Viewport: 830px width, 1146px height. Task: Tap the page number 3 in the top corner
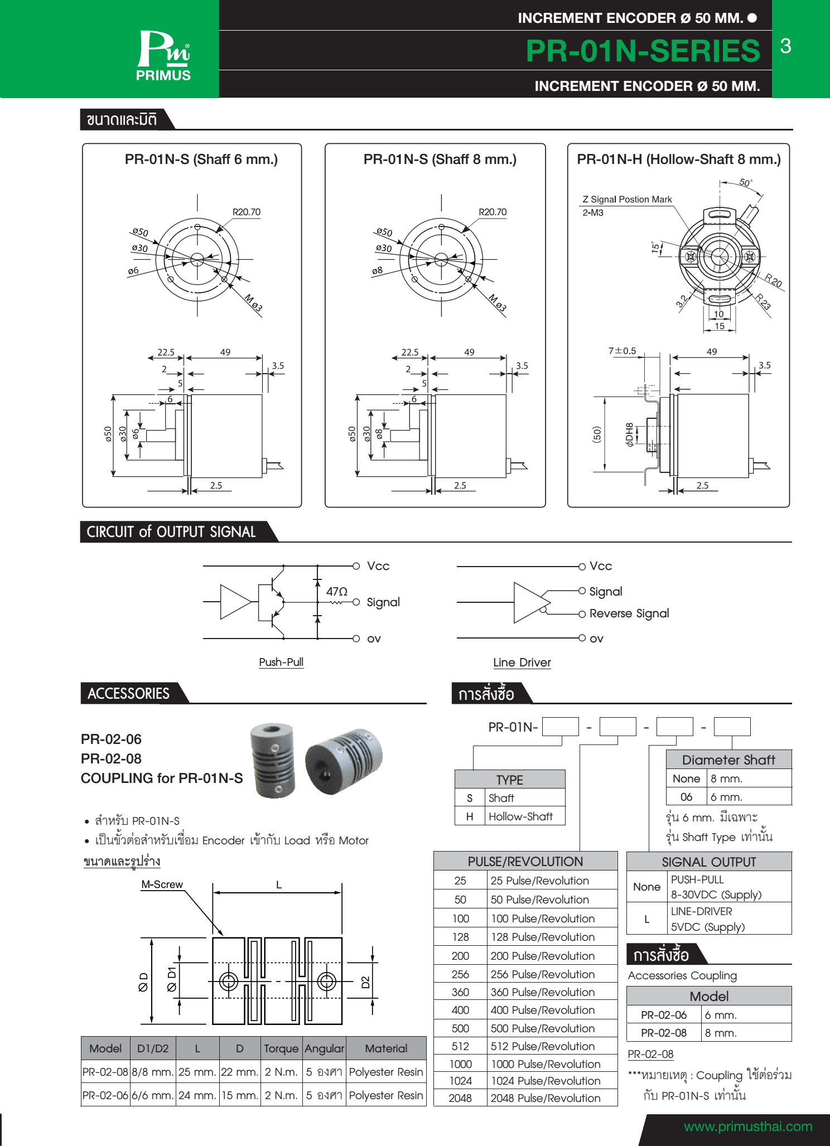(x=785, y=46)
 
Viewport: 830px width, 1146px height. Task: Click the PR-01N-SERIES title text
(x=643, y=51)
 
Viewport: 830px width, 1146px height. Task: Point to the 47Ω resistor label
(x=336, y=591)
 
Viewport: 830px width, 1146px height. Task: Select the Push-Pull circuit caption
(x=281, y=662)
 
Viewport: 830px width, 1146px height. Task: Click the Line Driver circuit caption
(x=522, y=663)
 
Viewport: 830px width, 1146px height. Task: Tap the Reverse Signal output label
(x=629, y=613)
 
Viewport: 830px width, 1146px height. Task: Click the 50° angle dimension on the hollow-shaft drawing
(x=746, y=183)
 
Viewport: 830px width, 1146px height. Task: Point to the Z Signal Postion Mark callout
(x=627, y=199)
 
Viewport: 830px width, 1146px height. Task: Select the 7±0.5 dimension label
(x=622, y=351)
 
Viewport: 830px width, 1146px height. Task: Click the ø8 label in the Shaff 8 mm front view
(x=378, y=271)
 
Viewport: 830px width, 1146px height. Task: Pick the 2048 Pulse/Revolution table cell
(x=545, y=1098)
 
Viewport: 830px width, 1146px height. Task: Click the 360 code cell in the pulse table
(x=460, y=992)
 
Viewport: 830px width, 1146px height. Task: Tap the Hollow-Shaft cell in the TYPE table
(x=520, y=816)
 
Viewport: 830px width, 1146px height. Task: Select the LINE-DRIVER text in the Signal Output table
(x=701, y=911)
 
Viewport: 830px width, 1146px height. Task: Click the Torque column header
(x=281, y=1048)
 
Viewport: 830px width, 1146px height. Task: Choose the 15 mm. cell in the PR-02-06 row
(x=240, y=1095)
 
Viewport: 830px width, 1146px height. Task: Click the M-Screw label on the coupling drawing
(x=162, y=884)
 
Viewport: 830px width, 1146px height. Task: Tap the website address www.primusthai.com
(x=747, y=1126)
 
